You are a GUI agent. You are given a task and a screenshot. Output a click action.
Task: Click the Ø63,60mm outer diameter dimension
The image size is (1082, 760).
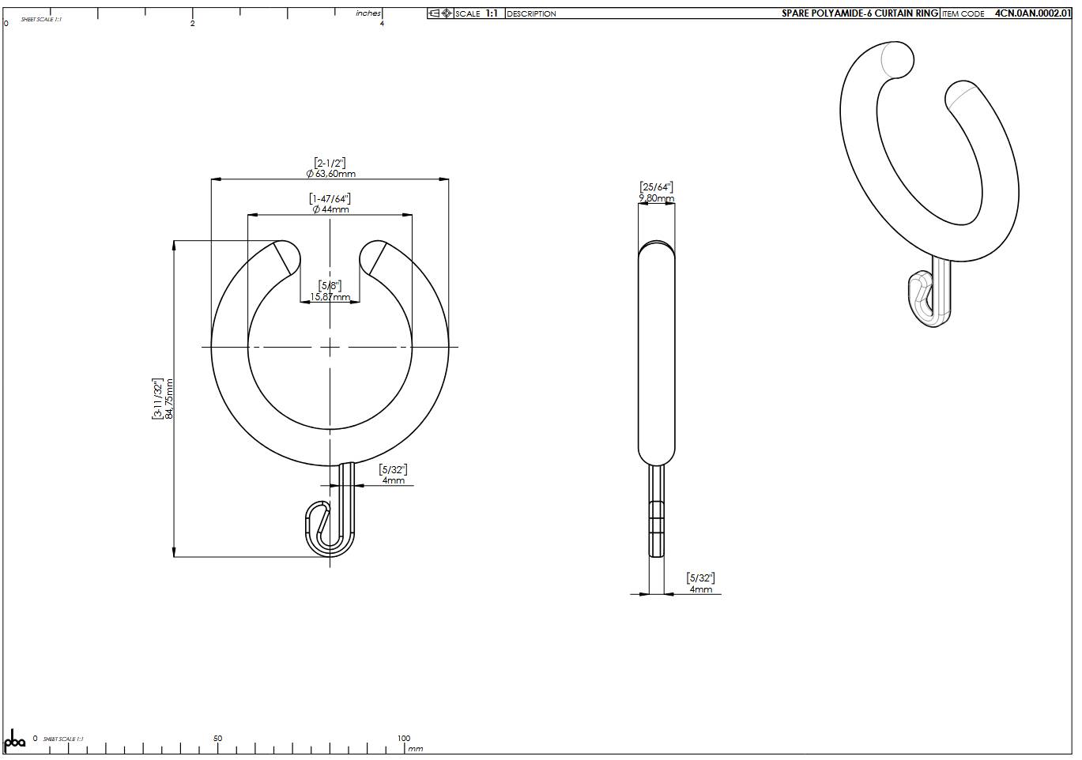click(330, 174)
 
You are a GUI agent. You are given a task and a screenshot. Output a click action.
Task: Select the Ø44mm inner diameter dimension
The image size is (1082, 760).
click(330, 209)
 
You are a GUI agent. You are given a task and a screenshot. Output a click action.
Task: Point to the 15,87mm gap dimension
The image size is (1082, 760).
click(330, 297)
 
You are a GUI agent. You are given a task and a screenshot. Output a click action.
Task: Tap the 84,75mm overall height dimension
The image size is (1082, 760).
click(169, 399)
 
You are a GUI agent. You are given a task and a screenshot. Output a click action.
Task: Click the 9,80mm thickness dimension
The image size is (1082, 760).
click(656, 198)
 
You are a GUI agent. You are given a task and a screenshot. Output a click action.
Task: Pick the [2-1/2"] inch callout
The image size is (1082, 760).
click(330, 163)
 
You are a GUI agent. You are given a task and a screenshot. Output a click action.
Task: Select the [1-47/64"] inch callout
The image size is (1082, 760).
click(330, 198)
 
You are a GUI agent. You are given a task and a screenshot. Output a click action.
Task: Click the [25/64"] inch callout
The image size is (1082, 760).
click(656, 187)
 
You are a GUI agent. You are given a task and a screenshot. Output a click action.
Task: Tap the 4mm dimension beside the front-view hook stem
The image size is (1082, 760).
click(393, 480)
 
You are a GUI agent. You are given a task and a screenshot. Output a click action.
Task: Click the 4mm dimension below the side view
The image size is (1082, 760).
click(700, 589)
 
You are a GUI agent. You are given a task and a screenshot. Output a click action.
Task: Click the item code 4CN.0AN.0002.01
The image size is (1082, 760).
click(1032, 13)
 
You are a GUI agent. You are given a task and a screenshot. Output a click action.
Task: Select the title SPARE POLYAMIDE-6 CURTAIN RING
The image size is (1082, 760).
click(859, 13)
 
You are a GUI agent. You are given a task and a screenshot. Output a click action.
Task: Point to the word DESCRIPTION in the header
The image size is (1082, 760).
click(531, 14)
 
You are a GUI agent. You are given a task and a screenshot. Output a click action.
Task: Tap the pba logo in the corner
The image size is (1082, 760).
click(15, 742)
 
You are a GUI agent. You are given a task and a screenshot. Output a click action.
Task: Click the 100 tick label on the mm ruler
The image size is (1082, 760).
click(404, 739)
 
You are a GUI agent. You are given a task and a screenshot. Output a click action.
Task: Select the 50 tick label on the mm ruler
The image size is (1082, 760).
click(217, 739)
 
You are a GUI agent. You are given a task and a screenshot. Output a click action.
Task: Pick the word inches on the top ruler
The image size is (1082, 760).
click(368, 13)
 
